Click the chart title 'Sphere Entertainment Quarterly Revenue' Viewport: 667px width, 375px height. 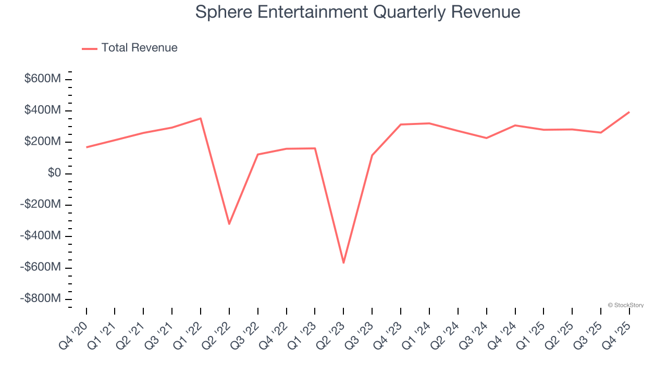pyautogui.click(x=357, y=12)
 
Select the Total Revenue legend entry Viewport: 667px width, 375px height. pyautogui.click(x=130, y=48)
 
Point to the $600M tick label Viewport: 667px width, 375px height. pyautogui.click(x=42, y=79)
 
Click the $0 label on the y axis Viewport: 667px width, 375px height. pyautogui.click(x=54, y=173)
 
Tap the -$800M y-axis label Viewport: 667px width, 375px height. pyautogui.click(x=40, y=299)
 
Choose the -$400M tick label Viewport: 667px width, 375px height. pyautogui.click(x=40, y=236)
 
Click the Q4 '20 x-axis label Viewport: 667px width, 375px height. pyautogui.click(x=75, y=329)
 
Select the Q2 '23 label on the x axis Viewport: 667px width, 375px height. pyautogui.click(x=332, y=329)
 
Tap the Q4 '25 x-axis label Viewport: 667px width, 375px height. pyautogui.click(x=618, y=329)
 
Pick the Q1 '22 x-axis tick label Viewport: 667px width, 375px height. pyautogui.click(x=189, y=329)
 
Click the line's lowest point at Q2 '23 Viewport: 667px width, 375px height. pyautogui.click(x=343, y=262)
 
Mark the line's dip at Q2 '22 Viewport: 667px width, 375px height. pyautogui.click(x=229, y=224)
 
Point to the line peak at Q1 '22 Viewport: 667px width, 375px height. pyautogui.click(x=201, y=118)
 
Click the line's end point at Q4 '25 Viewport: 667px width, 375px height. pyautogui.click(x=629, y=112)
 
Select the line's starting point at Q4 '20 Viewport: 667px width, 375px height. pyautogui.click(x=87, y=147)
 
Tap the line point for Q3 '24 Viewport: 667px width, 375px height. pyautogui.click(x=486, y=138)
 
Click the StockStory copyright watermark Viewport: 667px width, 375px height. pyautogui.click(x=625, y=305)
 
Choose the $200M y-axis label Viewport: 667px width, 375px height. pyautogui.click(x=42, y=142)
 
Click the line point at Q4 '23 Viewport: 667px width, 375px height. pyautogui.click(x=401, y=124)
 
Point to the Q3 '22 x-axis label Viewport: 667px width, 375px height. pyautogui.click(x=246, y=329)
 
